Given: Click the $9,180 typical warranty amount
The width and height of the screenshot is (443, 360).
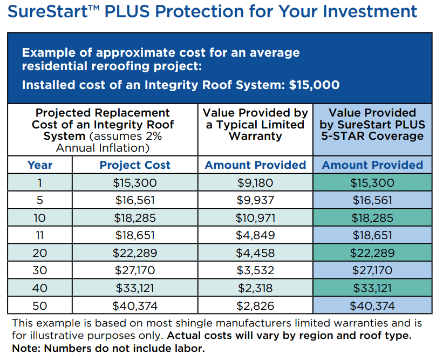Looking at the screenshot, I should point(255,183).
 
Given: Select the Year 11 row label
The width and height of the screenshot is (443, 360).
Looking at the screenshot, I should point(40,235).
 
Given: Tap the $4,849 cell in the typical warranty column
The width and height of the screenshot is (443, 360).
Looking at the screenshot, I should point(255,235).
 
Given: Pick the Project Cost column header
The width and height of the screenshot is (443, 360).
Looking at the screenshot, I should point(135,165).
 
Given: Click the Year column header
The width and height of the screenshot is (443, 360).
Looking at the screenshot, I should point(40,165).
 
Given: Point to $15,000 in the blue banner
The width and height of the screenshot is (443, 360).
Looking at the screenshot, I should point(314,85).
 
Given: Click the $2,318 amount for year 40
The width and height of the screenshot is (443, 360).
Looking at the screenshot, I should point(255,288).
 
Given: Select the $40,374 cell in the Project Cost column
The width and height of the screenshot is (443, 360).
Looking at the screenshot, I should point(135,305).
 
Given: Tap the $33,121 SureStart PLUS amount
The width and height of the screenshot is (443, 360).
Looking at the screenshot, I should point(372,288).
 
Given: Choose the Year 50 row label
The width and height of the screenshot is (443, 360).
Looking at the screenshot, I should point(40,305).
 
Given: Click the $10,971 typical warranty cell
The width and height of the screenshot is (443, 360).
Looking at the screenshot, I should point(255,218).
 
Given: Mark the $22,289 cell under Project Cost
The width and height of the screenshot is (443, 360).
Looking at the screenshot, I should point(135,253).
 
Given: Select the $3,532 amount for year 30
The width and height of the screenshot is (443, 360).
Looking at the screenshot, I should point(255,270).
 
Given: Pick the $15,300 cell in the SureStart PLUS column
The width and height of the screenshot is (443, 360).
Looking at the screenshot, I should point(372,183).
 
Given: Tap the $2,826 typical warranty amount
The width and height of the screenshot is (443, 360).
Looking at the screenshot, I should point(255,305).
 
